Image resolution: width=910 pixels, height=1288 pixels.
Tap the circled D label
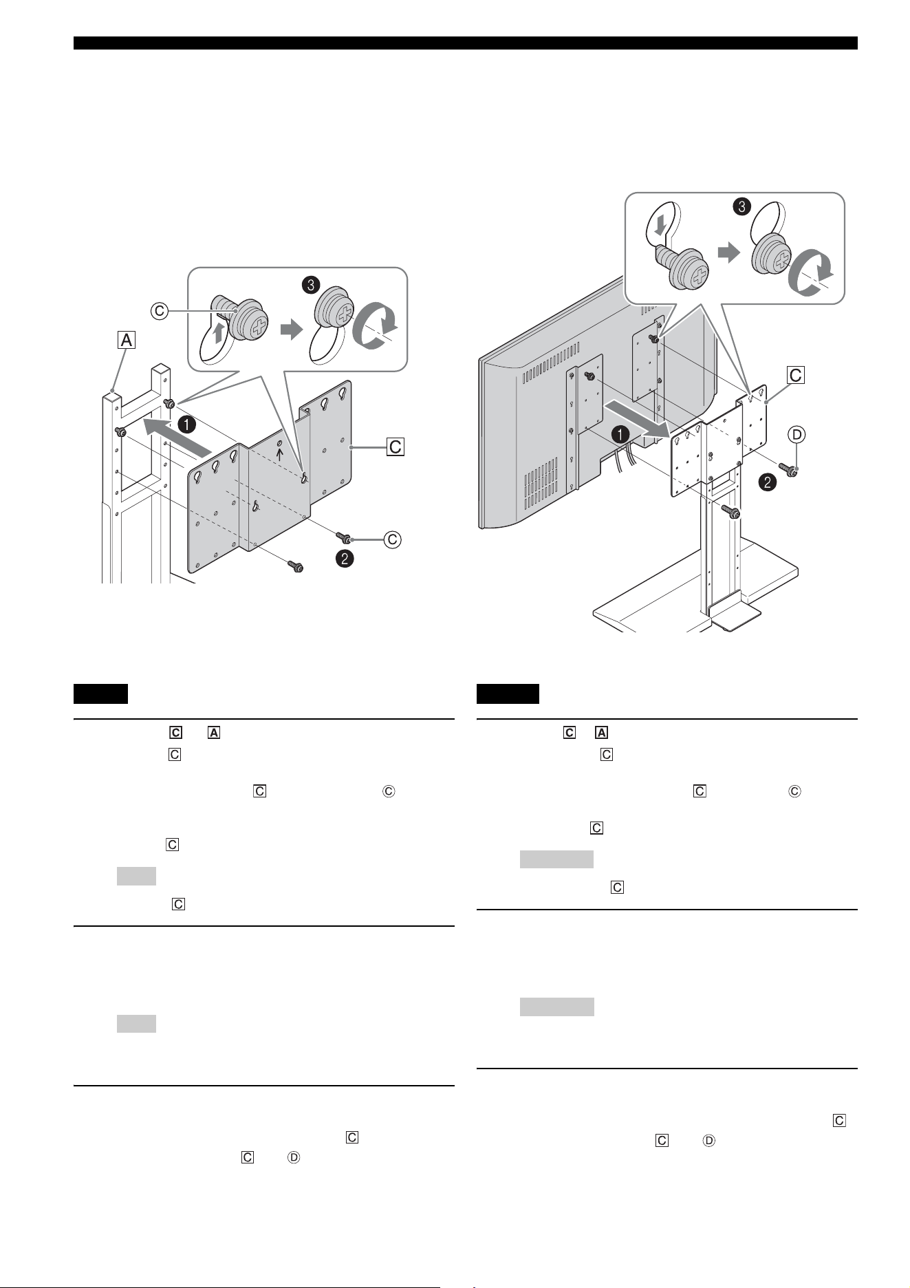(x=796, y=434)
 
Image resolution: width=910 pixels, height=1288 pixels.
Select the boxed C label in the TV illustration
(x=796, y=375)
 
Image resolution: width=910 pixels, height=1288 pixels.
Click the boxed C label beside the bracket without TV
(x=396, y=447)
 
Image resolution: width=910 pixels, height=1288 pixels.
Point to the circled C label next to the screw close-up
(x=160, y=310)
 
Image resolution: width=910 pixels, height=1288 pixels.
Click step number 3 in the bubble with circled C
(x=313, y=283)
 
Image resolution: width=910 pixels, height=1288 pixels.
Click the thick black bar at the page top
(x=466, y=43)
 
